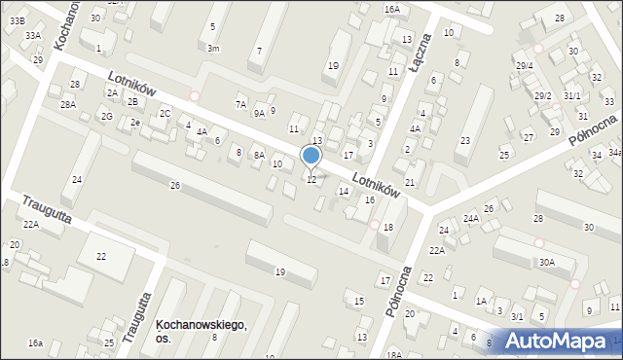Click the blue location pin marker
tap(311, 156)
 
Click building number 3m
tap(213, 48)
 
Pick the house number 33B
tap(18, 19)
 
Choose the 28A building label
tap(67, 104)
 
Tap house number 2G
tap(106, 117)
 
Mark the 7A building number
tap(241, 103)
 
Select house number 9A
tap(259, 113)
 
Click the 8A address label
tap(259, 155)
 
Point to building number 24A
tap(471, 219)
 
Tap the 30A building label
tap(547, 262)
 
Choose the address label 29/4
tap(526, 65)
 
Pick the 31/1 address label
tap(571, 95)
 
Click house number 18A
tap(393, 354)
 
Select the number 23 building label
tap(465, 141)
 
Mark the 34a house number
tap(614, 153)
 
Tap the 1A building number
tap(481, 302)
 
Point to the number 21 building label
tap(410, 182)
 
